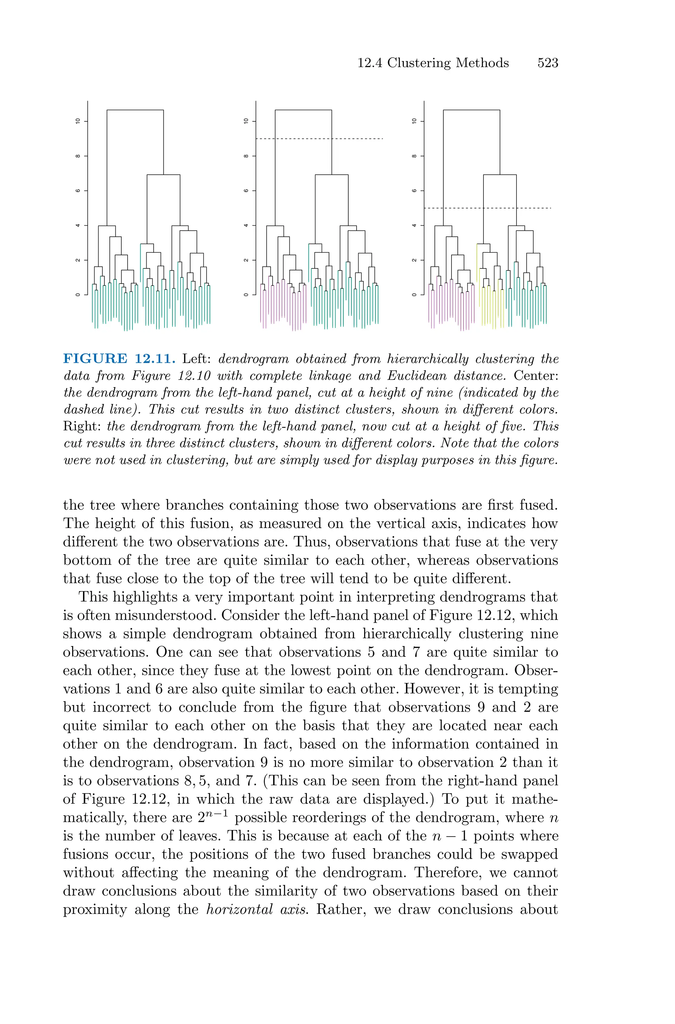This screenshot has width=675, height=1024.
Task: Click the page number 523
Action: pyautogui.click(x=547, y=63)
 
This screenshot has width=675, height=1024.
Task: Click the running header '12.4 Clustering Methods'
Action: pyautogui.click(x=433, y=63)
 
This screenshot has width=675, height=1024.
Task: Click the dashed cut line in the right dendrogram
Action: pyautogui.click(x=534, y=208)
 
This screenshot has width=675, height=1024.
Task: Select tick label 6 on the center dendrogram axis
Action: pyautogui.click(x=246, y=191)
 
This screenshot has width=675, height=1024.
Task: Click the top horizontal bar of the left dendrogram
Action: pyautogui.click(x=135, y=110)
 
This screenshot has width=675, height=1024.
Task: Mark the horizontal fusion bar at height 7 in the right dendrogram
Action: pyautogui.click(x=500, y=175)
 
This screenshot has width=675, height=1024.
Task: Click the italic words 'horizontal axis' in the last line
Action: pyautogui.click(x=256, y=910)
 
